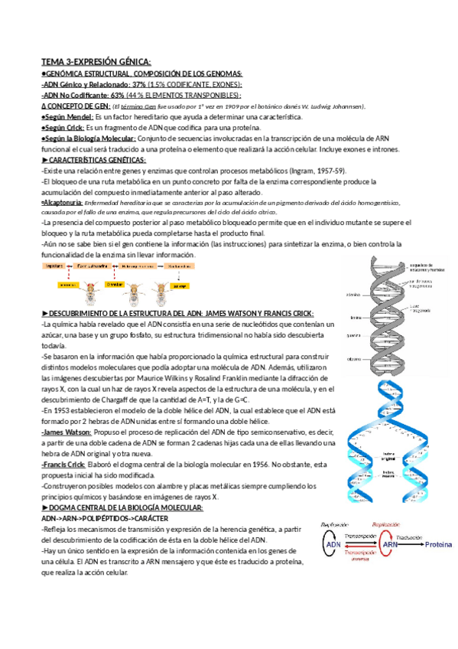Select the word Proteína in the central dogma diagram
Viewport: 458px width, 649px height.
pos(438,544)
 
